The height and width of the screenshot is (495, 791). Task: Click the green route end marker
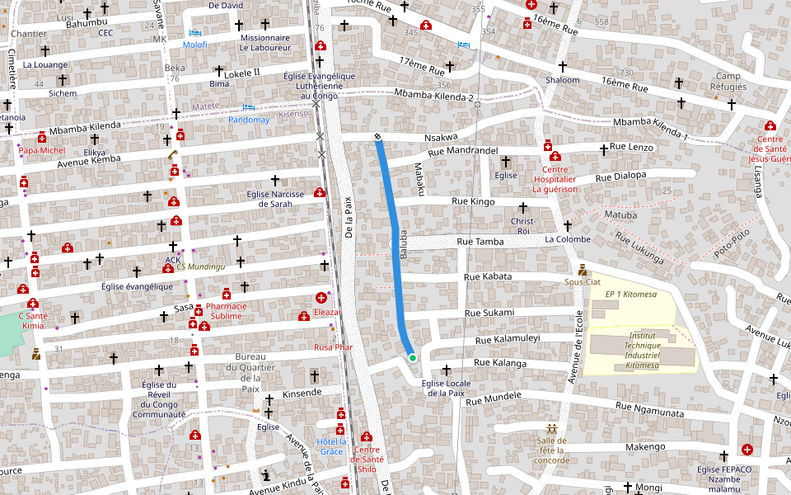point(412,357)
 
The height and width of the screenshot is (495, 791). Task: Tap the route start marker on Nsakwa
point(377,136)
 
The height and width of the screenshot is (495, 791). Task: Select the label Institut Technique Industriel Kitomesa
point(642,350)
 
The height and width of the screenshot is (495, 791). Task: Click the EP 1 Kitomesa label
point(630,295)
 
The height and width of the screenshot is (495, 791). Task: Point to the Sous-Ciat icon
point(583,270)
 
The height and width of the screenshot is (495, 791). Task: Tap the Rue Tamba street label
point(480,242)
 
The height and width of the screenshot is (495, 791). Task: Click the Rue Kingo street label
point(474,201)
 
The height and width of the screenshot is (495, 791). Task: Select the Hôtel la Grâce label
point(330,446)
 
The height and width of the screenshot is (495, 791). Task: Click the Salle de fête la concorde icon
point(551,429)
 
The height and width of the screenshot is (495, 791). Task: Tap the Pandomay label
point(249,120)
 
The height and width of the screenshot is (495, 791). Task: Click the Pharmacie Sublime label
point(224,310)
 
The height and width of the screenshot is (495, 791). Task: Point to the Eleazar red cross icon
point(321,298)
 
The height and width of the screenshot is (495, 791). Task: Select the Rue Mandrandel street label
point(463,151)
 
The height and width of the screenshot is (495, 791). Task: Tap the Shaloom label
point(563,80)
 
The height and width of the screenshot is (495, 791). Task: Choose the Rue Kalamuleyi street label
point(508,338)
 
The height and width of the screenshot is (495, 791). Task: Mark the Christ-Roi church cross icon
point(522,206)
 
